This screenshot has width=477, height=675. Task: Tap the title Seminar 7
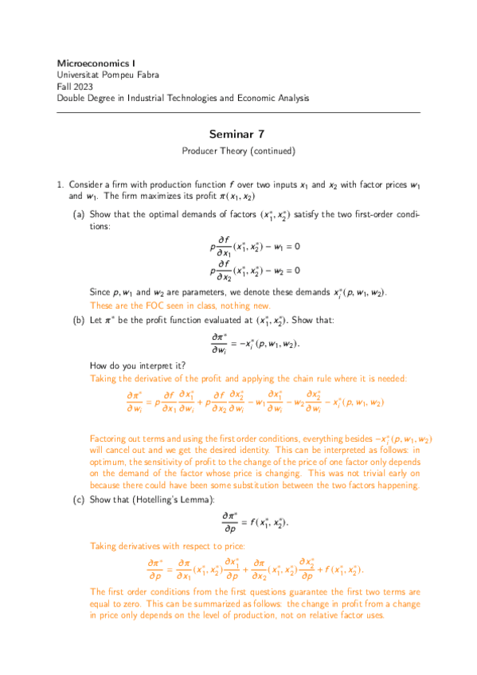click(x=238, y=135)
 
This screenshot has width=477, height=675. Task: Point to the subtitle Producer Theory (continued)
click(x=238, y=150)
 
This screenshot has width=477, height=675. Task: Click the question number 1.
click(x=60, y=184)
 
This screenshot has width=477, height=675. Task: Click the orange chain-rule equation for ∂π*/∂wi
click(x=255, y=402)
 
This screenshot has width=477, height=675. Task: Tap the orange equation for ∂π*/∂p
click(x=255, y=569)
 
